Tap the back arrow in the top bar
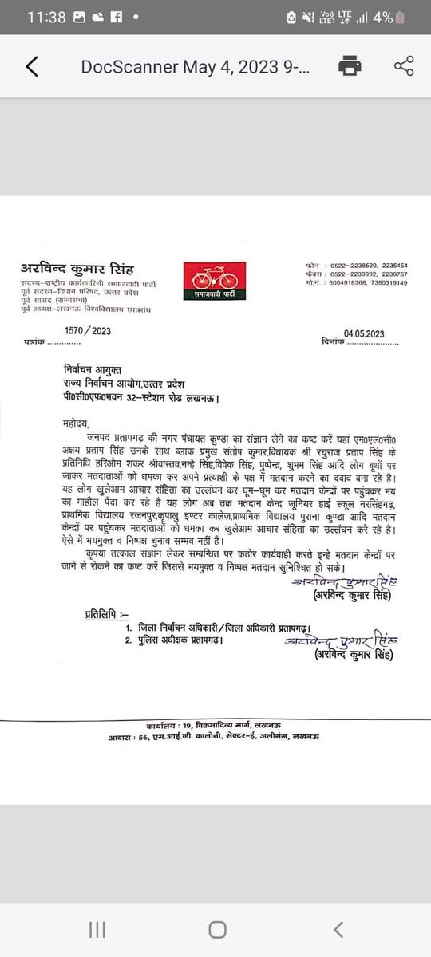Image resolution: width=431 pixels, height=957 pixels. (31, 67)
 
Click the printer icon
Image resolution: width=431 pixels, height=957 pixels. (348, 66)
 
